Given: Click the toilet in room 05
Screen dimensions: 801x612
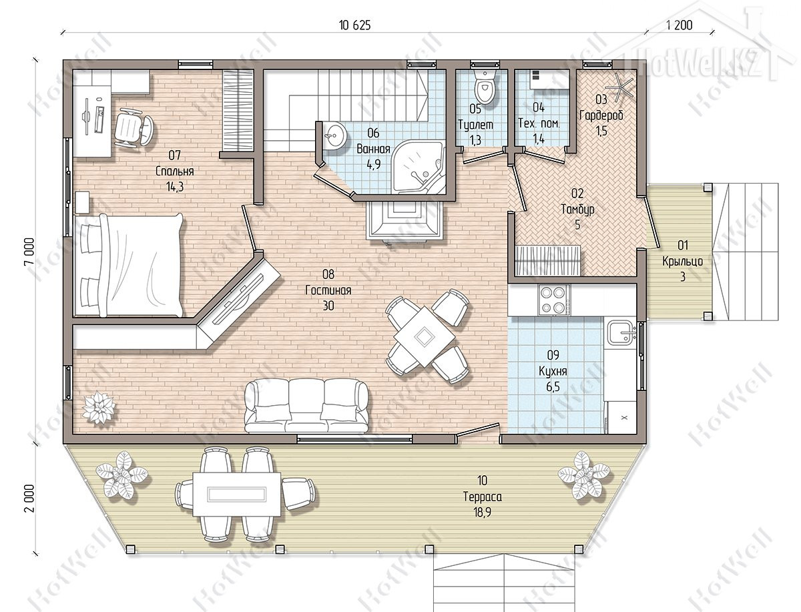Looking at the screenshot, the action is pyautogui.click(x=484, y=85).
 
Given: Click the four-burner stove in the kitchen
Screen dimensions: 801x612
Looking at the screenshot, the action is pyautogui.click(x=553, y=300).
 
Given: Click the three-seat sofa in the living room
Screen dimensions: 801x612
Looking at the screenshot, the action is pyautogui.click(x=306, y=406).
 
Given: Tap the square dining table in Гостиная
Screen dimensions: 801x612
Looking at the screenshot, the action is pyautogui.click(x=425, y=336).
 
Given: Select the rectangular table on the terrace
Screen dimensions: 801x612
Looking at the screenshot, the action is pyautogui.click(x=236, y=494).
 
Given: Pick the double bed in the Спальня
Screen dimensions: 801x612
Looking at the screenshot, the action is pyautogui.click(x=128, y=265).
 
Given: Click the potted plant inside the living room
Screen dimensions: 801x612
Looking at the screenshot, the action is pyautogui.click(x=98, y=407).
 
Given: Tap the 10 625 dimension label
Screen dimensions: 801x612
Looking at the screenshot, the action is pyautogui.click(x=354, y=25).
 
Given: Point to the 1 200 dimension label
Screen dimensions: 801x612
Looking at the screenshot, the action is pyautogui.click(x=679, y=25).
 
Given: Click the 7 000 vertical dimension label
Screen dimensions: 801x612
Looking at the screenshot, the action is pyautogui.click(x=29, y=252).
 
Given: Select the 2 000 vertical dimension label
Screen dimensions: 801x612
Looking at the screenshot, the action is pyautogui.click(x=29, y=498).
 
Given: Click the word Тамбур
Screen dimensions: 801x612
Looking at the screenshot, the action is pyautogui.click(x=577, y=209).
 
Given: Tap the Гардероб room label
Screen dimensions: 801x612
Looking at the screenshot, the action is pyautogui.click(x=601, y=115).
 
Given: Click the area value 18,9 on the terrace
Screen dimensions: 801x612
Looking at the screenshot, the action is pyautogui.click(x=483, y=512).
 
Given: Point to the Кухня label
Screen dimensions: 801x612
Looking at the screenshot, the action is pyautogui.click(x=553, y=371).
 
